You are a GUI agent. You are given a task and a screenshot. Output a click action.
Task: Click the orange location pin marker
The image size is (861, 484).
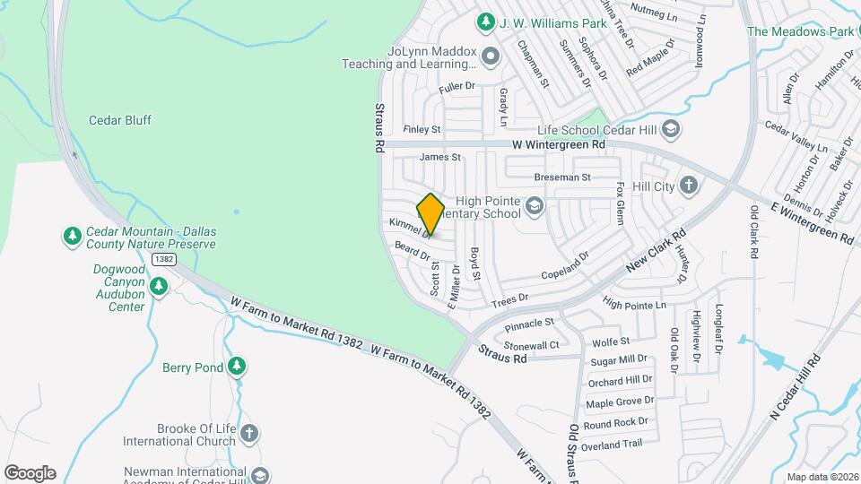430,215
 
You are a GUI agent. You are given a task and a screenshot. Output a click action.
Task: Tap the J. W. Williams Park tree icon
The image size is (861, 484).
485,20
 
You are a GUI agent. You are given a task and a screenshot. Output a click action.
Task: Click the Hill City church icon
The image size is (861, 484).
688,186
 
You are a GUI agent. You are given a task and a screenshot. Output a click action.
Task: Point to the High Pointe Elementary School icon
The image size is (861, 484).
534,207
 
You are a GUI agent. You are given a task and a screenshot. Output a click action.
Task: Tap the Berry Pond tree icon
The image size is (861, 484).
237,367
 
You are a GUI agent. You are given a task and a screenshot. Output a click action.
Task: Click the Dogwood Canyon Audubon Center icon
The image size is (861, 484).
159,287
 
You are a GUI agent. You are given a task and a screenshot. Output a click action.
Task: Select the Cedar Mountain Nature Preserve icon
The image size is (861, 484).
72,237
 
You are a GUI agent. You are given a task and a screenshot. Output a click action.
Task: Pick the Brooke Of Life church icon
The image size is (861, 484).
249,435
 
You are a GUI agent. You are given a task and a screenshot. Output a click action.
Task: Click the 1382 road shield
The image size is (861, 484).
163,259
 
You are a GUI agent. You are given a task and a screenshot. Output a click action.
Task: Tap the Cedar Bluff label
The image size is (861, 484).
120,120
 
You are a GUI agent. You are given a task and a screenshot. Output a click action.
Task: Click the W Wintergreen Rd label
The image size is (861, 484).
559,143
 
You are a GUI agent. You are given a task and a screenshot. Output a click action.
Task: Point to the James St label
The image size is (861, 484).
439,157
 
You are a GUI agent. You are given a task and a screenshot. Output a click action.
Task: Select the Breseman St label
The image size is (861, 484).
562,177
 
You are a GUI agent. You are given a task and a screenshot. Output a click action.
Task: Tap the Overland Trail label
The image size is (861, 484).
613,445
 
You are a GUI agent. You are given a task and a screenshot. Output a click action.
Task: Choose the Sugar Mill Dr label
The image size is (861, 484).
619,360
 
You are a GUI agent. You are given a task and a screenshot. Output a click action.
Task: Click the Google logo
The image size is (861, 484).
30,473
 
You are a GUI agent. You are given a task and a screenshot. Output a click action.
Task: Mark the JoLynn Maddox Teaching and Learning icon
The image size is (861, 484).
490,58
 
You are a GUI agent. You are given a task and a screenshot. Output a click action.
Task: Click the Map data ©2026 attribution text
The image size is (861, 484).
822,477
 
